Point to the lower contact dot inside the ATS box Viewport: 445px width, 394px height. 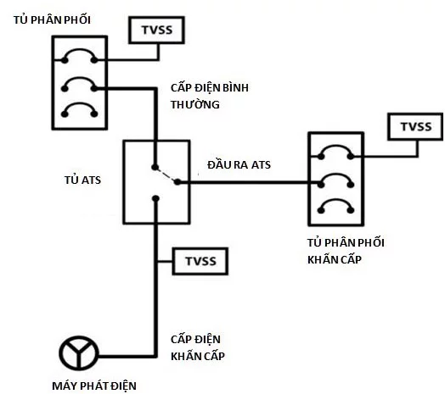coord(155,199)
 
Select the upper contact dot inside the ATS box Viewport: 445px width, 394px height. coord(155,167)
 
